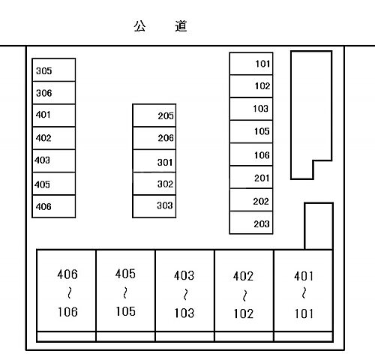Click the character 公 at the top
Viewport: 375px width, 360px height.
tap(139, 26)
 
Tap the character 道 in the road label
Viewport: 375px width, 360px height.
tap(181, 26)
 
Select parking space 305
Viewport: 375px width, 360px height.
tap(54, 70)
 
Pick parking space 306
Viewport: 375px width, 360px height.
tap(54, 93)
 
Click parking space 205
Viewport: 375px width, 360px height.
tap(154, 115)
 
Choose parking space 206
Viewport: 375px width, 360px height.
tap(154, 138)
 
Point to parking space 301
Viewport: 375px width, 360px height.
tap(154, 161)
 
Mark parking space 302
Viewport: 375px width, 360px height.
tap(154, 184)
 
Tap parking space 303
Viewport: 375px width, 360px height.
tap(154, 206)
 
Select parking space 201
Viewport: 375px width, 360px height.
tap(251, 177)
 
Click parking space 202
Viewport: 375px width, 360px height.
tap(251, 199)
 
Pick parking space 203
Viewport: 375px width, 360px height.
tap(251, 223)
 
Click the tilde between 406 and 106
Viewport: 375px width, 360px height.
tap(70, 292)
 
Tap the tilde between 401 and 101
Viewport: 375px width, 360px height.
tap(304, 293)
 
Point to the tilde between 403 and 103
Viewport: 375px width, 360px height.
tap(185, 295)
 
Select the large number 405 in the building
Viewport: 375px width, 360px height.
tap(125, 274)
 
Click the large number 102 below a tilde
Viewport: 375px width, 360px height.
tap(244, 313)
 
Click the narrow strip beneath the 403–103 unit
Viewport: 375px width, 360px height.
tap(184, 337)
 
